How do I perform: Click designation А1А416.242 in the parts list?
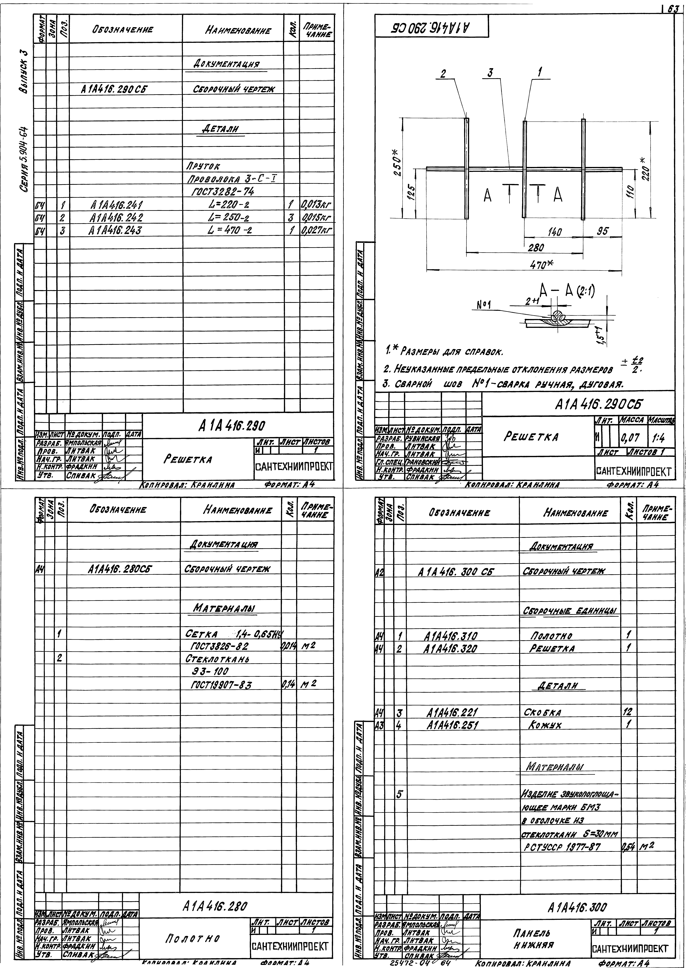(x=117, y=218)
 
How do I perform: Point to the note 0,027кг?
(x=317, y=230)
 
